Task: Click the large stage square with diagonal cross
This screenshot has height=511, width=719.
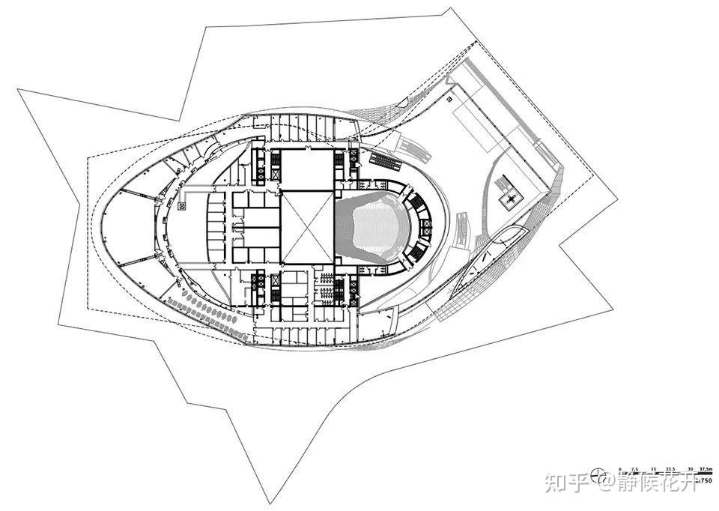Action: [x=307, y=227]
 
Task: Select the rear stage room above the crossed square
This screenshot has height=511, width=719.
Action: [x=307, y=169]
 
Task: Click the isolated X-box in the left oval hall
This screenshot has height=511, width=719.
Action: [x=182, y=203]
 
